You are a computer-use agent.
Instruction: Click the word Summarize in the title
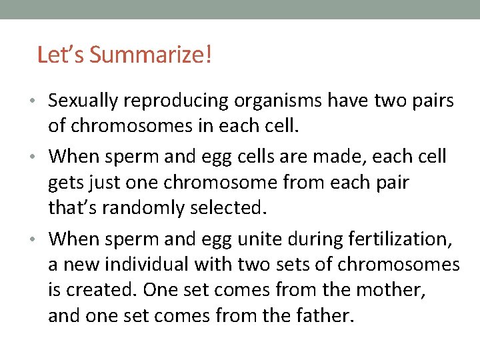coord(150,55)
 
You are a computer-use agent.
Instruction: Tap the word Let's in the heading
coord(61,55)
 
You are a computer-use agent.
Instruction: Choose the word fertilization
coord(405,239)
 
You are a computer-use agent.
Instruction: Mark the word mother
coord(393,291)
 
